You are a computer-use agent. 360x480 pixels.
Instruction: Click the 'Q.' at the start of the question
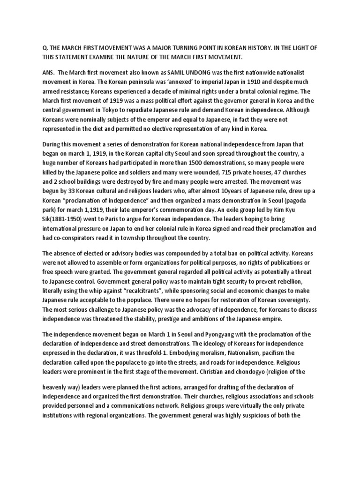pyautogui.click(x=32, y=47)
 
